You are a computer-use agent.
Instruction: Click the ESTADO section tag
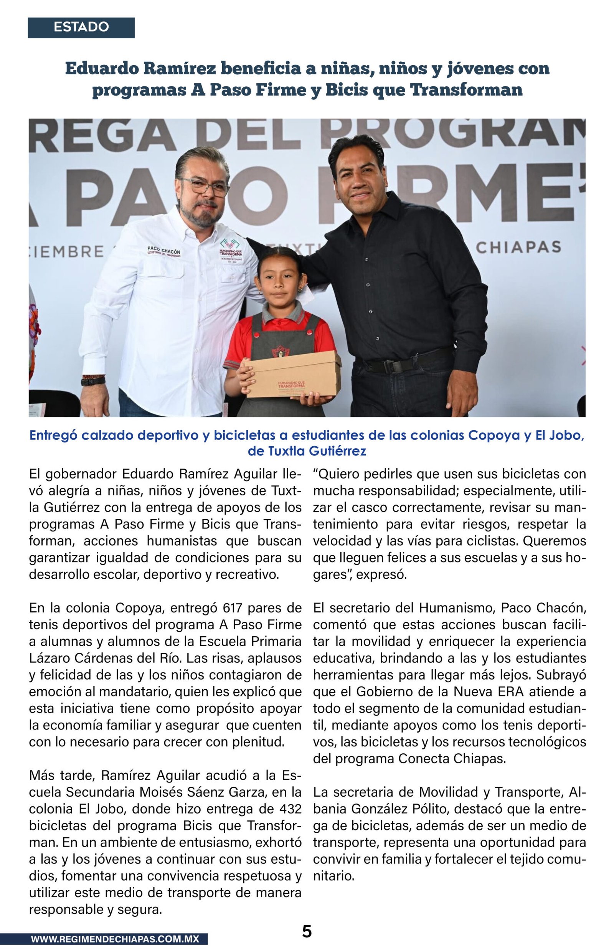[x=81, y=27]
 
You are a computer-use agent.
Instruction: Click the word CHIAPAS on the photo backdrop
[x=518, y=248]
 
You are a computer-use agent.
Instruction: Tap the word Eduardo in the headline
[x=101, y=69]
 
